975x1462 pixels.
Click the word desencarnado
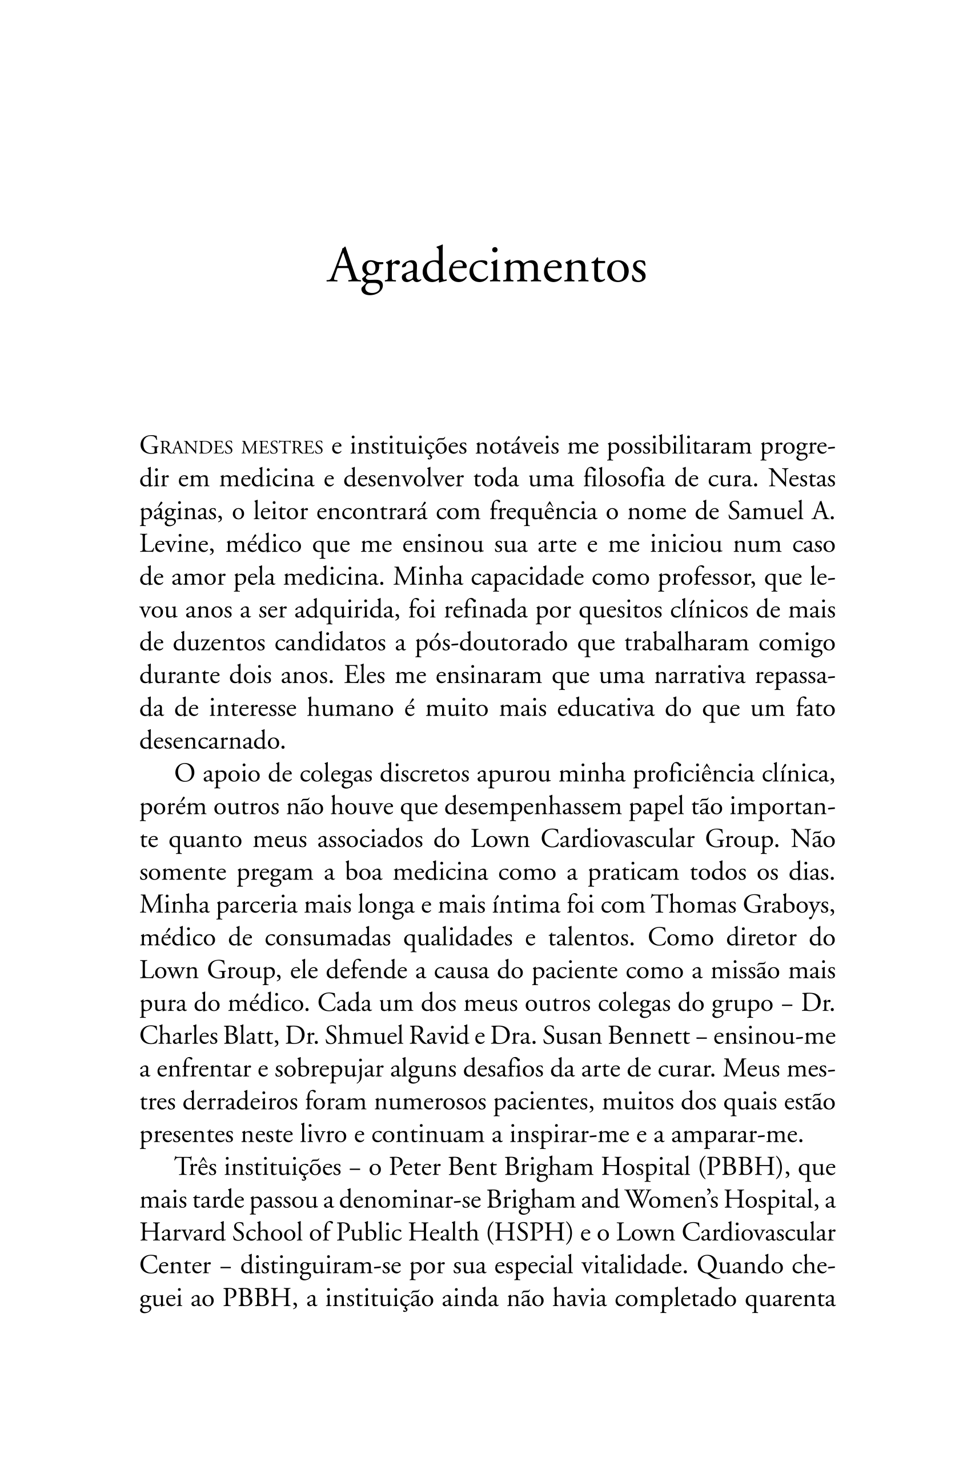[211, 741]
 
